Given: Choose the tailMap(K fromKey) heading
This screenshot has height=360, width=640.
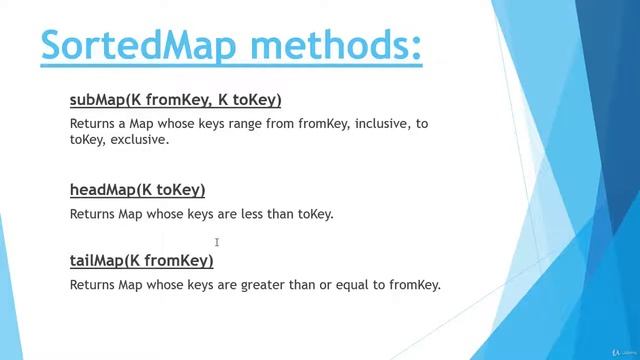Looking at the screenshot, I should coord(141,260).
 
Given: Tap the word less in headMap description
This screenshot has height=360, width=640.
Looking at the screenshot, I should coord(239,214).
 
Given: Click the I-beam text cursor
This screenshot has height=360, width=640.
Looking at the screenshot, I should coord(217,242).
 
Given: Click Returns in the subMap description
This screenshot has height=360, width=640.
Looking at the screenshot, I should coord(93,124).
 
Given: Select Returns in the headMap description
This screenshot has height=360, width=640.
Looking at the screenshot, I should coord(93,214).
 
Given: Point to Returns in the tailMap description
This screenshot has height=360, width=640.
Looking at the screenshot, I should coord(93,285).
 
